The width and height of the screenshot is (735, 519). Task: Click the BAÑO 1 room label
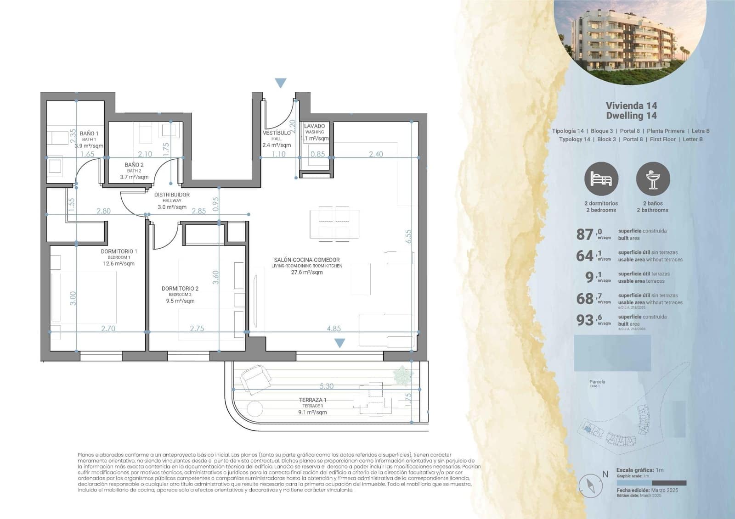pyautogui.click(x=89, y=134)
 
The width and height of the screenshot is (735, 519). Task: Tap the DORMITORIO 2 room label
pyautogui.click(x=180, y=289)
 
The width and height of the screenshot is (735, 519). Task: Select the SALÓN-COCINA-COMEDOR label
pyautogui.click(x=307, y=260)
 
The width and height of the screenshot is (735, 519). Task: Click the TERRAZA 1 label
pyautogui.click(x=312, y=400)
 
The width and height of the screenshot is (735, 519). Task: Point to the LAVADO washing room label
pyautogui.click(x=315, y=126)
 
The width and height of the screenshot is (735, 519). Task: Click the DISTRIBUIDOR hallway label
pyautogui.click(x=172, y=195)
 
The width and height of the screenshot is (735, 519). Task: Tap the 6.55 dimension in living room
pyautogui.click(x=408, y=236)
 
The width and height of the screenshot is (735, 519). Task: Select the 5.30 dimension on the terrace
pyautogui.click(x=327, y=386)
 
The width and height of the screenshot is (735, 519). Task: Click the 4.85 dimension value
pyautogui.click(x=334, y=329)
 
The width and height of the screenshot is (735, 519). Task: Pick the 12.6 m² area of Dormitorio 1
pyautogui.click(x=119, y=264)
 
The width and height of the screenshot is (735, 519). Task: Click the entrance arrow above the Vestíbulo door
pyautogui.click(x=281, y=83)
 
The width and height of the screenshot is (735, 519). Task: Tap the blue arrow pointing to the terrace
pyautogui.click(x=339, y=343)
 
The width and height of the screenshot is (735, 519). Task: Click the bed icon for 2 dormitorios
pyautogui.click(x=601, y=179)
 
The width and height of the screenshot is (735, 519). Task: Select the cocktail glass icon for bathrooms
pyautogui.click(x=653, y=179)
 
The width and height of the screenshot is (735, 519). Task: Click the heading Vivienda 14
pyautogui.click(x=631, y=106)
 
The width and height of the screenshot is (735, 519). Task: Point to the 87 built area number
pyautogui.click(x=585, y=234)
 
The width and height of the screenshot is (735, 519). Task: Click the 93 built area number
pyautogui.click(x=585, y=320)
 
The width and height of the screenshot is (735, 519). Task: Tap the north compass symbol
pyautogui.click(x=591, y=486)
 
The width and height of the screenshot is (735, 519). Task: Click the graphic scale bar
pyautogui.click(x=651, y=483)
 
